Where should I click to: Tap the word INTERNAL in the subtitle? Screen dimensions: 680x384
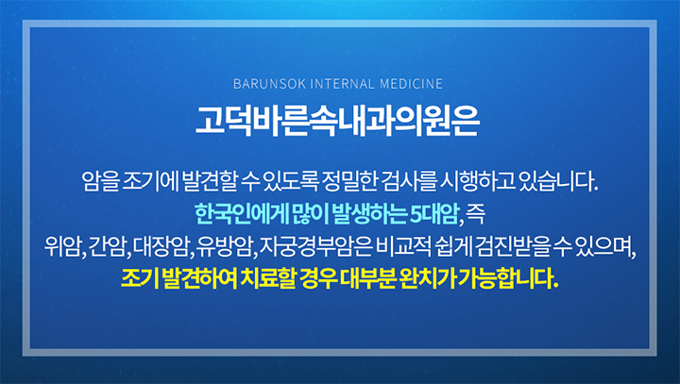point(343,84)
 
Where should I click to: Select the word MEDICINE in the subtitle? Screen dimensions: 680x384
point(411,84)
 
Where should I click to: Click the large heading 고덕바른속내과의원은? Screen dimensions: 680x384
point(337,121)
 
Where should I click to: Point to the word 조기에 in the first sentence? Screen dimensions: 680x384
point(150,181)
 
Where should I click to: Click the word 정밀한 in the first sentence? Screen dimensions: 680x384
point(348,181)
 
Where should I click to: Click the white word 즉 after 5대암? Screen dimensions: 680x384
point(476,214)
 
